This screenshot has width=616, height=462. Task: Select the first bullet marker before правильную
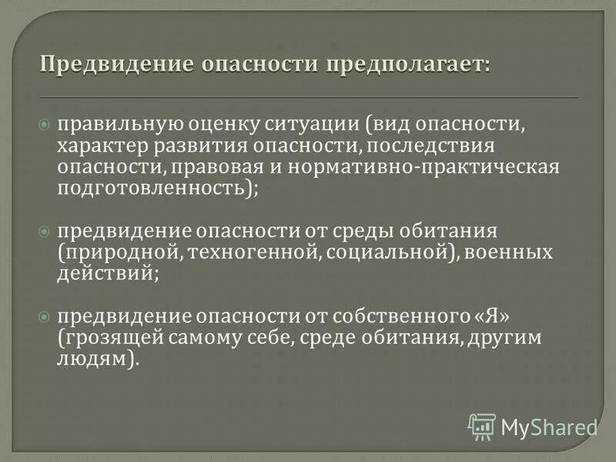(44, 125)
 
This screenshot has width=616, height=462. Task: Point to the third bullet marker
(44, 295)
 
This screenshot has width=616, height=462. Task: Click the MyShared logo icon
(481, 426)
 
